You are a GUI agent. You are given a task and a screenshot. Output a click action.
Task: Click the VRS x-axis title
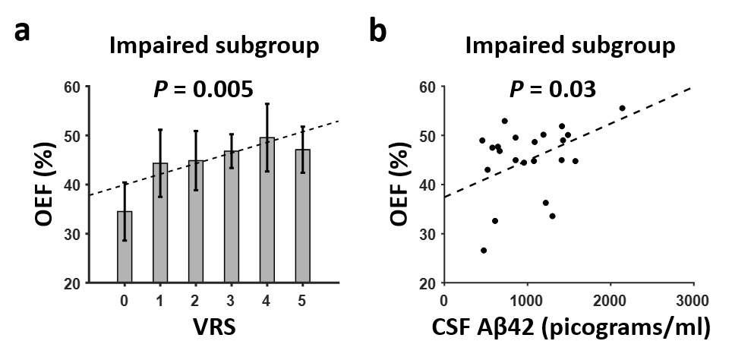point(213,329)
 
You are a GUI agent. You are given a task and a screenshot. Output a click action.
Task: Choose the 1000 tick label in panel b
point(527,300)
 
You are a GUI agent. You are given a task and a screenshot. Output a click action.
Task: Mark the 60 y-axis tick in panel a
point(72,87)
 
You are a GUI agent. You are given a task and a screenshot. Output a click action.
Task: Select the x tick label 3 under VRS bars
point(231,300)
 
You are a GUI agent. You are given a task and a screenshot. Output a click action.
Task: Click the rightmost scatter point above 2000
point(622,108)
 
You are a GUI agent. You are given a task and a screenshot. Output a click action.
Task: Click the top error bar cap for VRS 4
point(267,104)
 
